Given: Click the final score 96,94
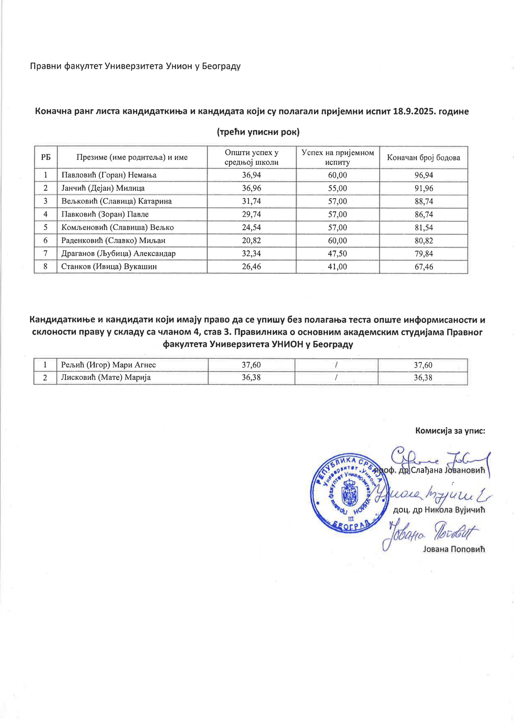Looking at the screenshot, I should (x=423, y=175).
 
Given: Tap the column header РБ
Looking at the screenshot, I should (x=46, y=157).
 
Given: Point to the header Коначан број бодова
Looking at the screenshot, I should (x=423, y=157).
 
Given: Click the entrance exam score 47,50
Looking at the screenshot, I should (x=338, y=254).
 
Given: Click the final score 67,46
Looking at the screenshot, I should (x=423, y=267).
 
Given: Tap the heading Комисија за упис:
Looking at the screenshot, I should (x=450, y=431).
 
